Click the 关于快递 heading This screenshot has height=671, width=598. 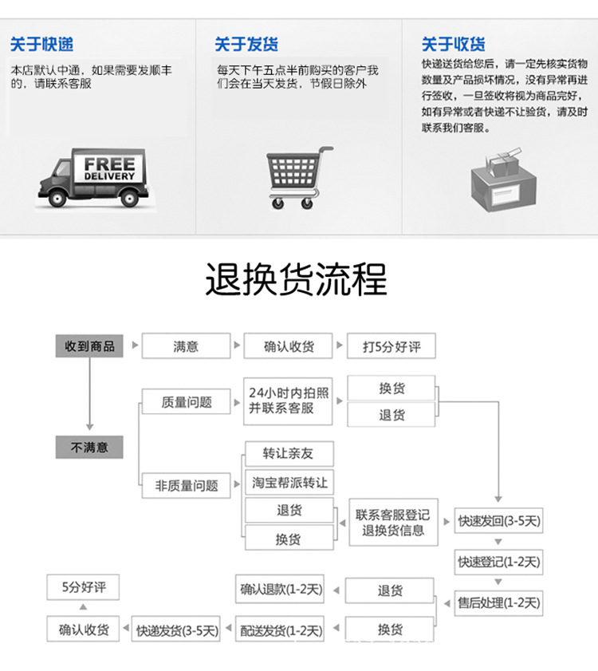pyautogui.click(x=41, y=44)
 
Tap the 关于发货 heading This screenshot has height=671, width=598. pyautogui.click(x=246, y=44)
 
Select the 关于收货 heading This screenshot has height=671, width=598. pyautogui.click(x=454, y=44)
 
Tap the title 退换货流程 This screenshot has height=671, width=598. pyautogui.click(x=297, y=279)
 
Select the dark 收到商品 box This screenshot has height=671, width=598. pyautogui.click(x=89, y=346)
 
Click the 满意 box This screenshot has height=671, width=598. pyautogui.click(x=186, y=346)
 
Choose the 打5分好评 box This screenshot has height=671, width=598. pyautogui.click(x=391, y=346)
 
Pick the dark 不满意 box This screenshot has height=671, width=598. pyautogui.click(x=89, y=447)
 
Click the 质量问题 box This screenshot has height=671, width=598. pyautogui.click(x=187, y=402)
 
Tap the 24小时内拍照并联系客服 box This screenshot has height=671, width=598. pyautogui.click(x=288, y=401)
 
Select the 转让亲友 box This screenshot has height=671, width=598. pyautogui.click(x=288, y=453)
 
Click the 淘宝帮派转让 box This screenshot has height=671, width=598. pyautogui.click(x=288, y=482)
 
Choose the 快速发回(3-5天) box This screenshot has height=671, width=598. pyautogui.click(x=499, y=522)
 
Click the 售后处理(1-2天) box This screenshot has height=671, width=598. pyautogui.click(x=499, y=602)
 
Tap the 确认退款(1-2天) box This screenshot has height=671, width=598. pyautogui.click(x=281, y=590)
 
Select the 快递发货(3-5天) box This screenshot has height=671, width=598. pyautogui.click(x=177, y=630)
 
